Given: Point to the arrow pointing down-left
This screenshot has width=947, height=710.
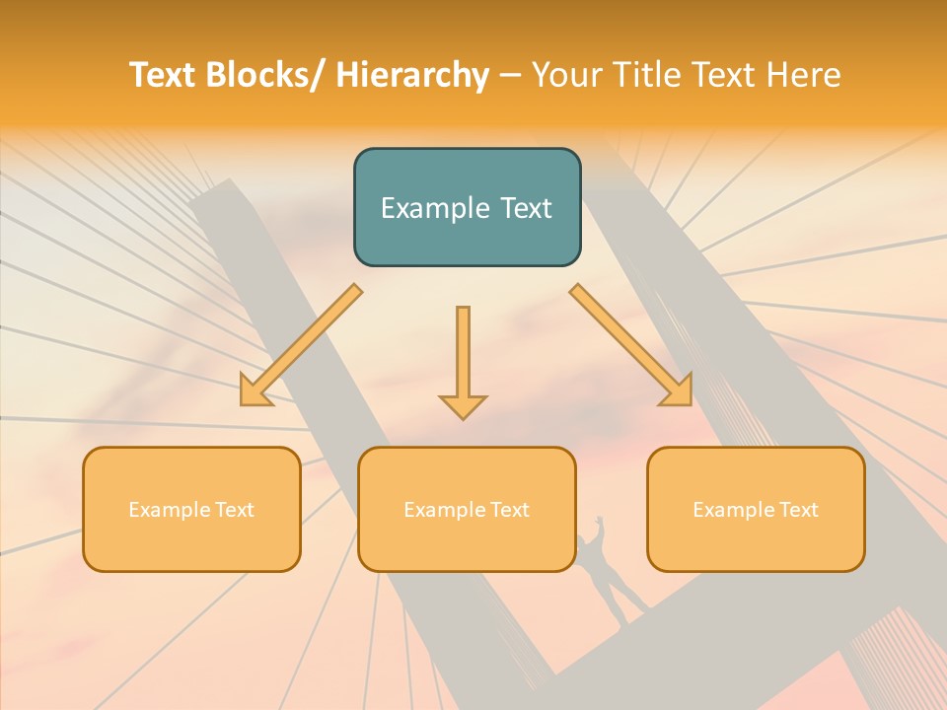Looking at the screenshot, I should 296,350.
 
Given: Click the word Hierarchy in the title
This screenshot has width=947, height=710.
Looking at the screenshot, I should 411,75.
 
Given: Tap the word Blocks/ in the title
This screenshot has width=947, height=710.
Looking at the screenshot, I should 267,75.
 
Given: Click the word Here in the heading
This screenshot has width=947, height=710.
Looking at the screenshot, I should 802,75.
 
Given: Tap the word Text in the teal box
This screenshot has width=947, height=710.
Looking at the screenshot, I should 524,208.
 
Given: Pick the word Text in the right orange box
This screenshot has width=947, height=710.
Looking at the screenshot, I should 797,510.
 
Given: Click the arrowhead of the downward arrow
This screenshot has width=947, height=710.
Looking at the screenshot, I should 463,405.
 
